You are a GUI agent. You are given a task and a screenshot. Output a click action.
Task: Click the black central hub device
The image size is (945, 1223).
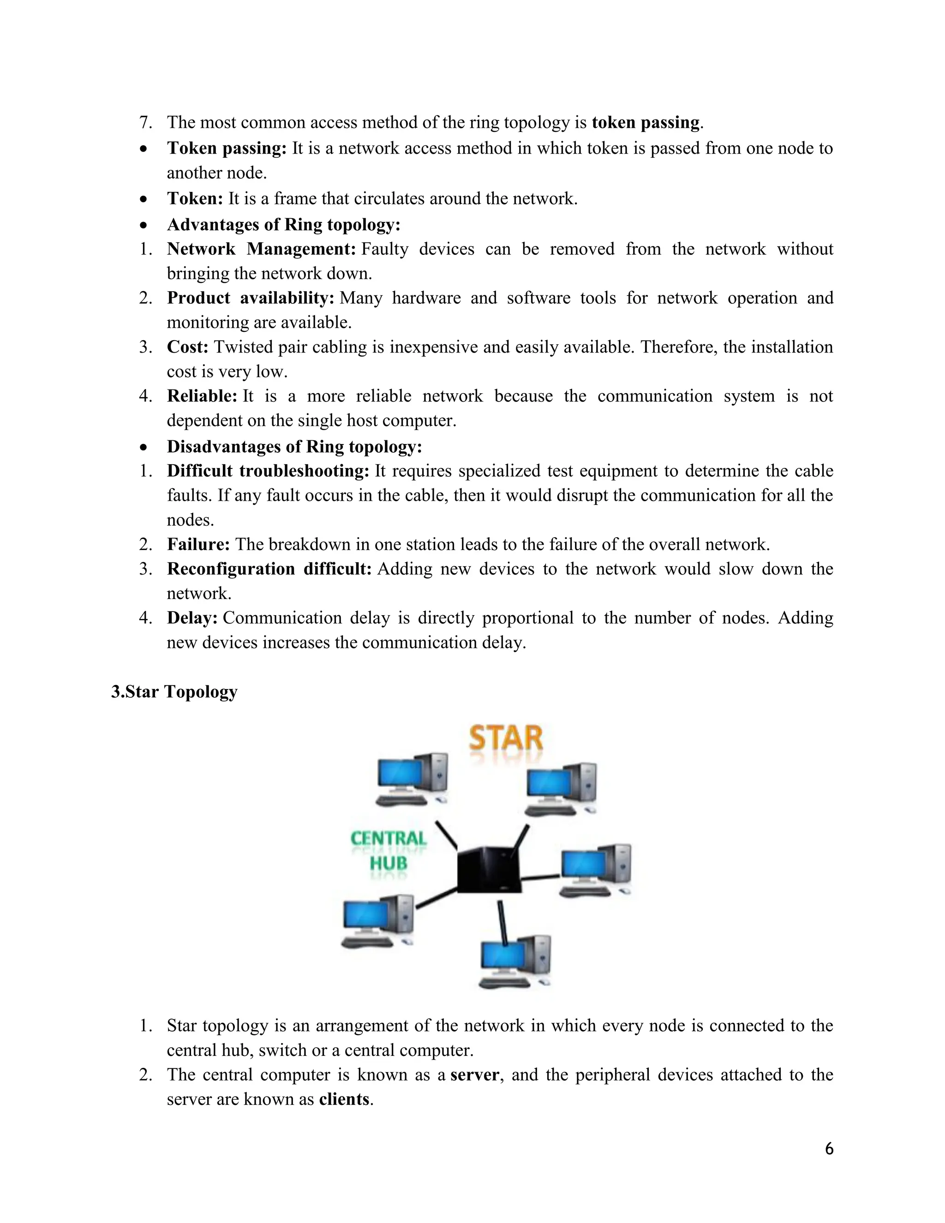tap(489, 869)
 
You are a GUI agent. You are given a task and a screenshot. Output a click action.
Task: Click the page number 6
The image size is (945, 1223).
tap(829, 1149)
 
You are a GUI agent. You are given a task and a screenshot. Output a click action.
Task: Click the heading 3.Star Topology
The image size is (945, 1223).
tap(174, 692)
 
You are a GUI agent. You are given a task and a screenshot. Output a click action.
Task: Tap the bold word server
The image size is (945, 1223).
tap(474, 1074)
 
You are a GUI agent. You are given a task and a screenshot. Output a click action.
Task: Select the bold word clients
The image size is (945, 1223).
tap(344, 1099)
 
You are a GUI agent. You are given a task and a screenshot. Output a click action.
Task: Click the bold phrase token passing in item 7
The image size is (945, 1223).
tap(646, 122)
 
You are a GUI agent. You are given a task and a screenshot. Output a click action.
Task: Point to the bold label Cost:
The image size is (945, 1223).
tap(187, 347)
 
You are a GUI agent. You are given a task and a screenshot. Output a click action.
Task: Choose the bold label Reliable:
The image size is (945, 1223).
tap(202, 396)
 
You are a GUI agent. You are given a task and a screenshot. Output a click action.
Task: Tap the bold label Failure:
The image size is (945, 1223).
tap(198, 544)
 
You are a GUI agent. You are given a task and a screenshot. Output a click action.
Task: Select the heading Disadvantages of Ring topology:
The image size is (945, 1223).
tap(294, 447)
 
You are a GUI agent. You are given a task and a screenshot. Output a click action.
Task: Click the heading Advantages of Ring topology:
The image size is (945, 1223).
tap(283, 225)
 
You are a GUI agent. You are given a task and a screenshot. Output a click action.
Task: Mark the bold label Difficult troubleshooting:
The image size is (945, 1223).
tap(268, 471)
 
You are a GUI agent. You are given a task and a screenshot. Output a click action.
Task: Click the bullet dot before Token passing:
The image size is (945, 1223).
tap(144, 149)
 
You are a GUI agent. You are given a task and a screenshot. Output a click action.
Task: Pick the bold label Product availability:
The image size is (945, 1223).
tap(250, 298)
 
